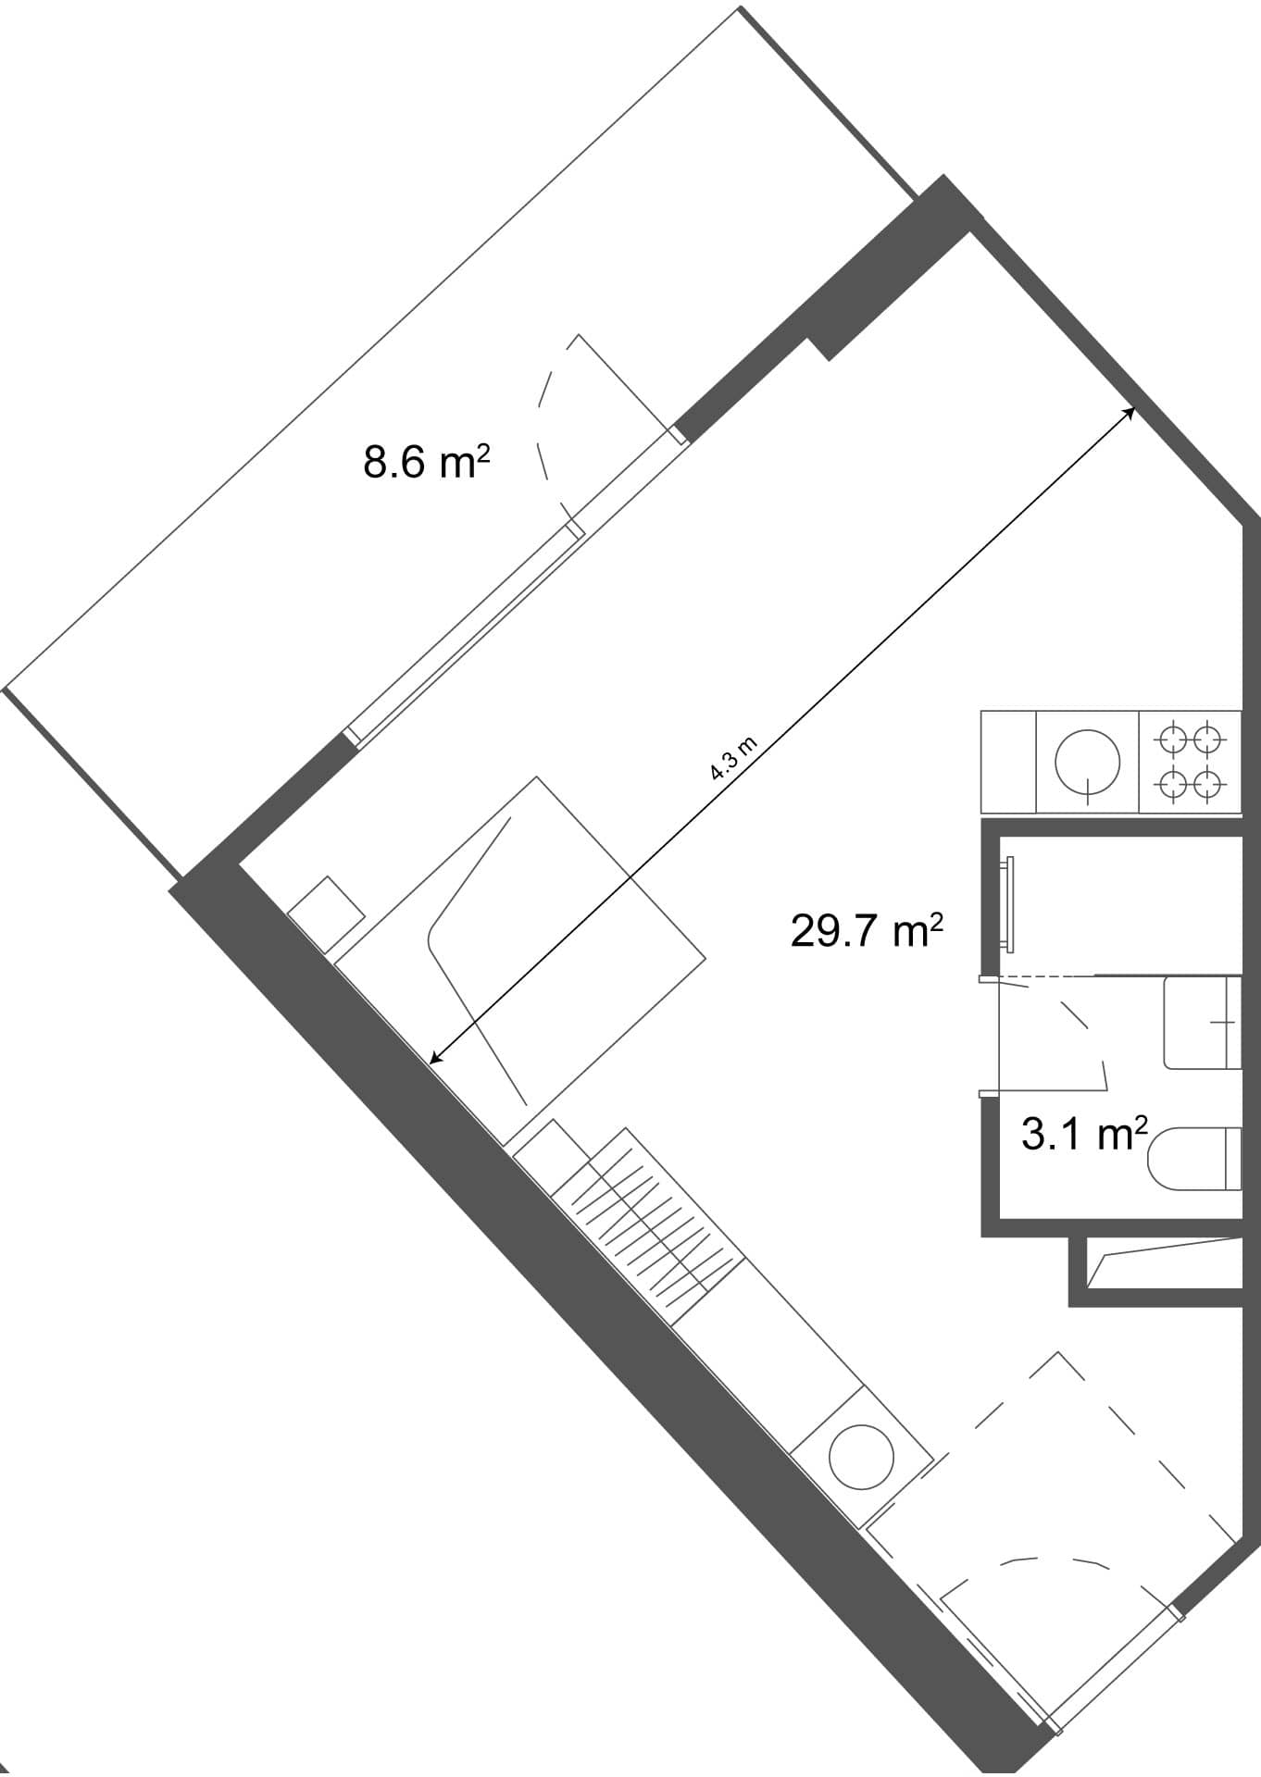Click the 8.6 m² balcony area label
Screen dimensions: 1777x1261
(x=426, y=461)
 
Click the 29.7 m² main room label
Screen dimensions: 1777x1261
(x=866, y=929)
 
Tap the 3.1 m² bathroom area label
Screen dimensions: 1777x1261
(x=1084, y=1133)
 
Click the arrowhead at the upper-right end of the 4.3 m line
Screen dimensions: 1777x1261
(x=1129, y=411)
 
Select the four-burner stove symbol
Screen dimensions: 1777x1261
(x=1190, y=763)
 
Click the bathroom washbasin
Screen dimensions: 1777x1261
(x=1202, y=1022)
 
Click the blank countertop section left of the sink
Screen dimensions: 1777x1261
(x=1008, y=763)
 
